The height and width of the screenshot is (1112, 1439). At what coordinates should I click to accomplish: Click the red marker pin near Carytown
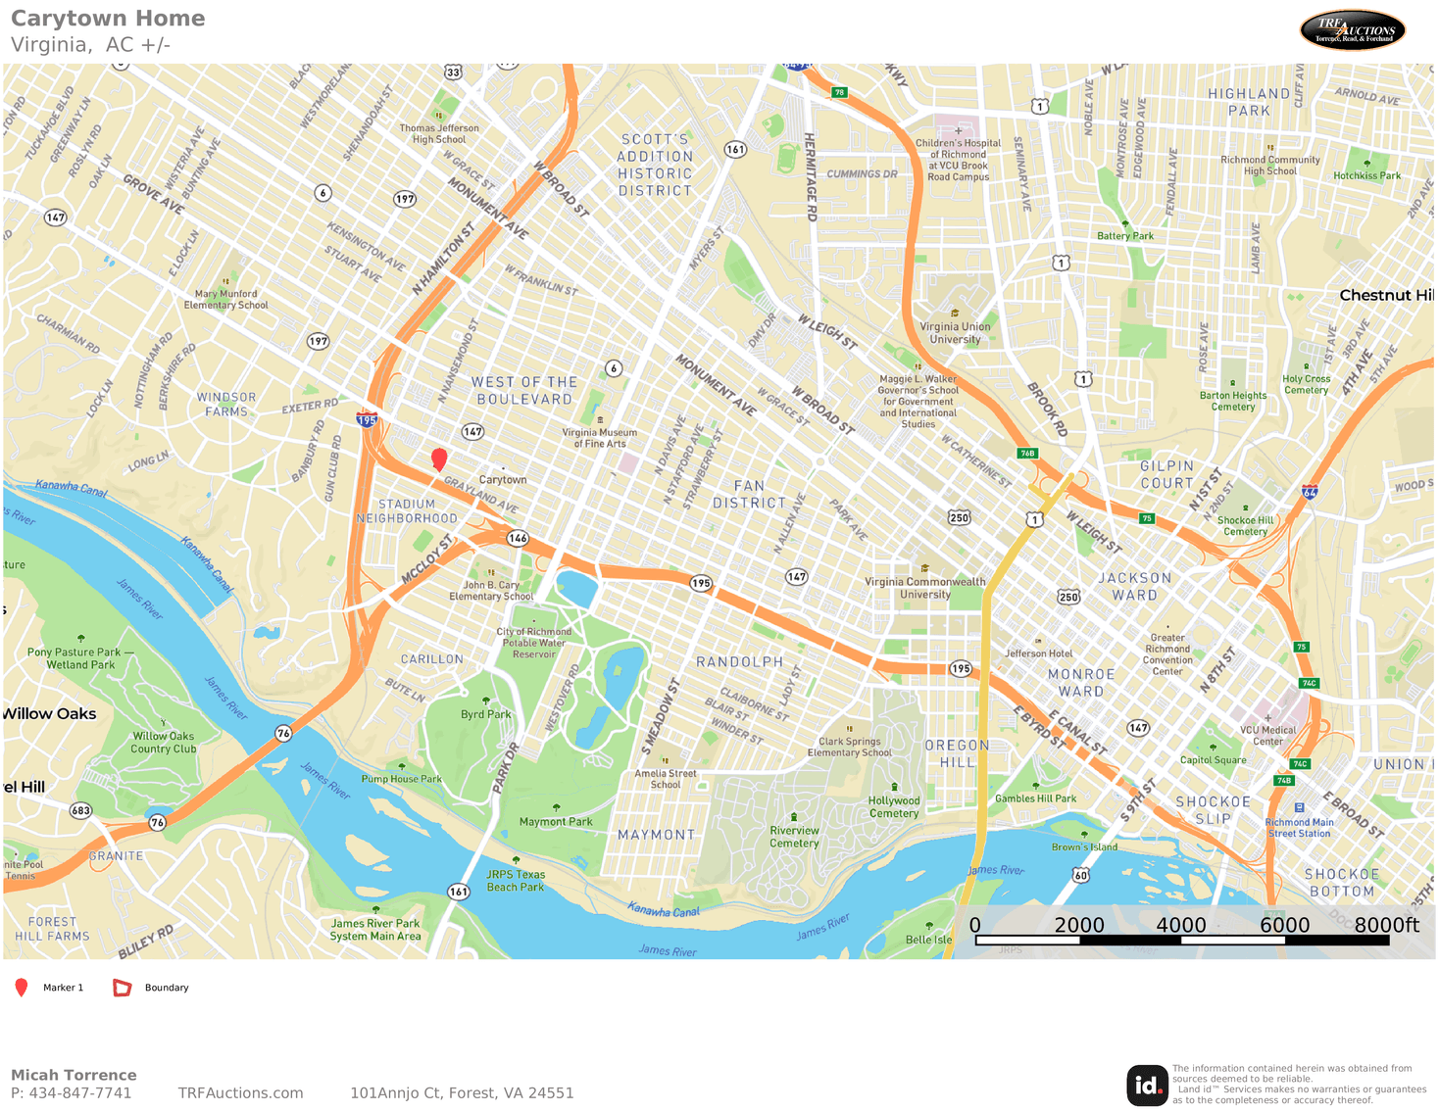click(439, 459)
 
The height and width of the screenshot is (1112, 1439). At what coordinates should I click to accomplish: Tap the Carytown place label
click(503, 480)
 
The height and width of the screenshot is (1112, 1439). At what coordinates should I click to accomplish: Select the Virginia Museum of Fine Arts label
click(599, 438)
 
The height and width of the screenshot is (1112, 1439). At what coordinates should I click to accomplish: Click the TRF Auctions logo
click(1353, 30)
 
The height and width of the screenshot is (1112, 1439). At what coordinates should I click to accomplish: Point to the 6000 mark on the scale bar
click(1284, 926)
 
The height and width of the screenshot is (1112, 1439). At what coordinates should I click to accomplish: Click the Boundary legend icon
click(123, 988)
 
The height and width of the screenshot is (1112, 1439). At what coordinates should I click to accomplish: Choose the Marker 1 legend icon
click(22, 988)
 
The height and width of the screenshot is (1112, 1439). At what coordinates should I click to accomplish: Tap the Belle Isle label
click(928, 940)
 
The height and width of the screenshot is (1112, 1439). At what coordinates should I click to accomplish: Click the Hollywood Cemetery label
click(894, 806)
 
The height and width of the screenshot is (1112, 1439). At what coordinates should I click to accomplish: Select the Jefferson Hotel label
click(1038, 653)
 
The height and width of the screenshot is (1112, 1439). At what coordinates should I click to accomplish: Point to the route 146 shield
click(518, 538)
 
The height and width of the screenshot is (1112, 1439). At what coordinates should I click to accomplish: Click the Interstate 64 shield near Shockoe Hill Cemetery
click(1310, 492)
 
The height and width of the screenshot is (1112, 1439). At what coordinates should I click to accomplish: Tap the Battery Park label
click(1125, 236)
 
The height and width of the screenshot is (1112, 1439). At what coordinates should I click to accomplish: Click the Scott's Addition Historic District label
click(655, 165)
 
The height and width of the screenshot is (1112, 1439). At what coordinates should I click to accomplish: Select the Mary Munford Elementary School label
click(225, 299)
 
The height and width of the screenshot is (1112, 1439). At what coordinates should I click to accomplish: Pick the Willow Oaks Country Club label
click(164, 743)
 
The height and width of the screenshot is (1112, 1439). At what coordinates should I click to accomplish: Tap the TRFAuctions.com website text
click(240, 1093)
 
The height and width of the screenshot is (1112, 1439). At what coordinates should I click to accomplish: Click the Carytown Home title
click(108, 19)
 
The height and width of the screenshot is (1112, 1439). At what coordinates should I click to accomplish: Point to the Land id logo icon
click(1147, 1086)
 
